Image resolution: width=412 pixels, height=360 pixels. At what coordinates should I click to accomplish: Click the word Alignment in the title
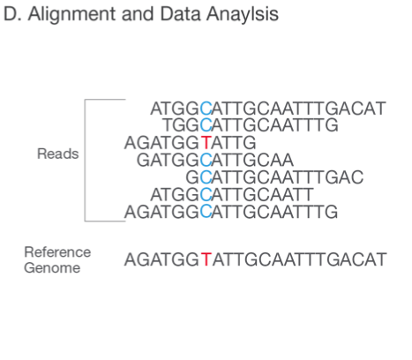point(72,14)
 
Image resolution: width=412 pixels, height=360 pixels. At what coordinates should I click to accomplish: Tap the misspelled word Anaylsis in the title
point(243,14)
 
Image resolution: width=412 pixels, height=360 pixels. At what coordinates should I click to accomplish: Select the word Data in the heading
point(180,14)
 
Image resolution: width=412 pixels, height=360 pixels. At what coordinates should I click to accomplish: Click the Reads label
point(58,154)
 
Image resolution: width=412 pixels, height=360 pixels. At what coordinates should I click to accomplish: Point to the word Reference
point(57,252)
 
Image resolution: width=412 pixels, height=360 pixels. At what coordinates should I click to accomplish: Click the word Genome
point(52,268)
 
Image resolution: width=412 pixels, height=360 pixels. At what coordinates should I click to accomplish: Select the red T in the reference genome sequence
point(206,259)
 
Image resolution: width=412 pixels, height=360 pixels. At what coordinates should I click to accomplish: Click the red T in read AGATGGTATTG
point(206,143)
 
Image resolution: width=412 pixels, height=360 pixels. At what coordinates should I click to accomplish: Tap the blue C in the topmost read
point(206,109)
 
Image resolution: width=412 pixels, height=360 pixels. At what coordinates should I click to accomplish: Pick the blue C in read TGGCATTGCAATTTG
point(206,125)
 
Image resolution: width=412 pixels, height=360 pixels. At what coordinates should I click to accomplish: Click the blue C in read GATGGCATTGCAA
point(206,161)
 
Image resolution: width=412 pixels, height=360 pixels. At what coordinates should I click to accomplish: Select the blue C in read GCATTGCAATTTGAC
point(206,177)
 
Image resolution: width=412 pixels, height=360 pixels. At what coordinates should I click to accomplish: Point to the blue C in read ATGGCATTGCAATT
point(206,195)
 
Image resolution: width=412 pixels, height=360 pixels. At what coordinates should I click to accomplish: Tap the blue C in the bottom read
point(206,212)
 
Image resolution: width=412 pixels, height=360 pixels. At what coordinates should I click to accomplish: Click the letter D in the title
point(10,14)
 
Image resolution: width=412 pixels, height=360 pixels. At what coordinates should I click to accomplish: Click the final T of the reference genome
point(381,259)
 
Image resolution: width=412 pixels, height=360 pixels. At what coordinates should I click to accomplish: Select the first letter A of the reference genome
point(131,259)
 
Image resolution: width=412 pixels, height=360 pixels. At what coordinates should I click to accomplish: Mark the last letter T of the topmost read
point(380,109)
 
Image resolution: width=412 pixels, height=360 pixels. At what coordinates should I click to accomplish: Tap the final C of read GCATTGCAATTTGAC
point(357,177)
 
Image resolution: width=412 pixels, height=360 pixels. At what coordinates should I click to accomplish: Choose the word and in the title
point(138,14)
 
